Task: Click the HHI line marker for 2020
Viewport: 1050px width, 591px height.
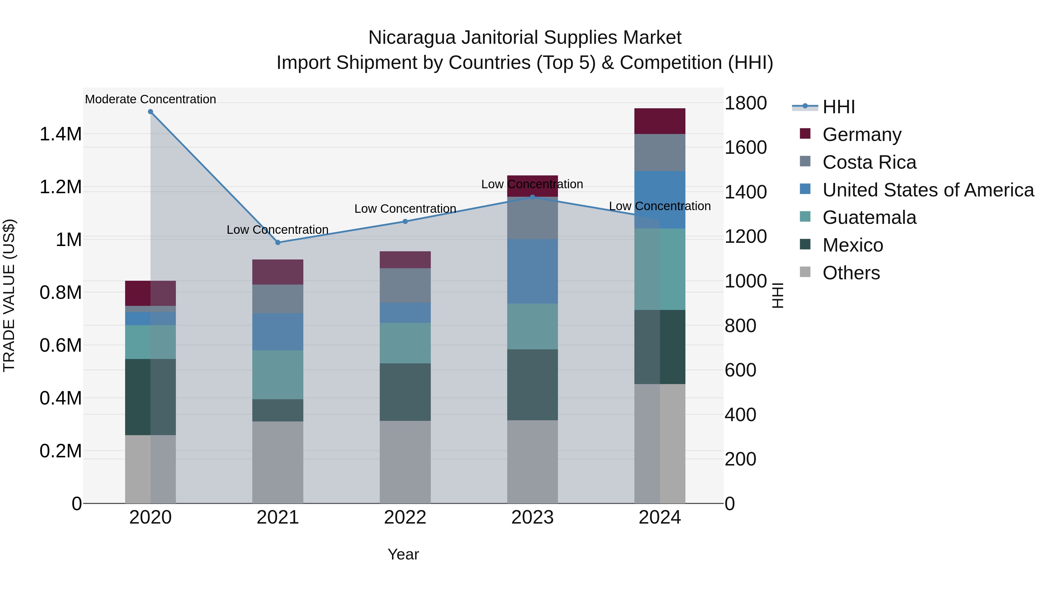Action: pos(150,112)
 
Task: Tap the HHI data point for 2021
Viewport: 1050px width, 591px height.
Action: pos(278,242)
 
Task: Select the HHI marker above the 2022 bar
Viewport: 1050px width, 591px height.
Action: pos(405,222)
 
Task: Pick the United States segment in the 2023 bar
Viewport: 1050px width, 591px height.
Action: pos(532,271)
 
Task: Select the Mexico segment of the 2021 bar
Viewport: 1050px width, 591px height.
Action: pos(278,410)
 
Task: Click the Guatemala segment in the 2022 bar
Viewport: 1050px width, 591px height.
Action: pos(405,343)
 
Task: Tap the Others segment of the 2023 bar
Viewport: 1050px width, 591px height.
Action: pos(532,462)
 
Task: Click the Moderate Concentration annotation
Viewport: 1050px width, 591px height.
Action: pos(150,99)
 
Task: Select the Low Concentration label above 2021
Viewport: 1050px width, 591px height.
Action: pos(278,230)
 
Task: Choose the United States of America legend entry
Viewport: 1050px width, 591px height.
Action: pos(928,190)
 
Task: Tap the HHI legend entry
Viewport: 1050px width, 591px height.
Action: pos(839,107)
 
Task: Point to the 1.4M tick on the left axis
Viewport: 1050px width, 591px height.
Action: pos(61,134)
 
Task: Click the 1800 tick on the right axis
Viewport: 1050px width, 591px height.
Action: pos(745,103)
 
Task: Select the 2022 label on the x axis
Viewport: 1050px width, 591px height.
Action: pos(405,517)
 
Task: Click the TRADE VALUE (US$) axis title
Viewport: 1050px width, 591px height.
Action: pos(9,295)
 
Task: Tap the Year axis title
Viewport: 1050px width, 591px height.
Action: pos(403,554)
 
